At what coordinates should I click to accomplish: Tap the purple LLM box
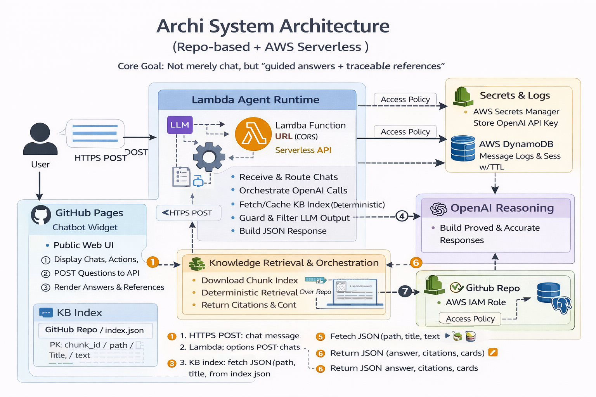(x=180, y=125)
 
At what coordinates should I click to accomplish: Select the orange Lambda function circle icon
(x=253, y=134)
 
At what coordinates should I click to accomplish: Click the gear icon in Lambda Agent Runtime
(x=209, y=157)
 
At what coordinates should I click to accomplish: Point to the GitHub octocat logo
(x=41, y=215)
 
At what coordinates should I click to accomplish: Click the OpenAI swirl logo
(x=439, y=209)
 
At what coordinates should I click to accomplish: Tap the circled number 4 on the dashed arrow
(x=402, y=216)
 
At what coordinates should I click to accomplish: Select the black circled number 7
(x=405, y=291)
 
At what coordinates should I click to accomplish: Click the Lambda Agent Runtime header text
(x=255, y=100)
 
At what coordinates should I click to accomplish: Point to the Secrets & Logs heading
(x=515, y=95)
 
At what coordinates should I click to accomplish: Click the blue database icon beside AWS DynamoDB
(x=463, y=148)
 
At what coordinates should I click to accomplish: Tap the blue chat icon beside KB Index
(x=46, y=312)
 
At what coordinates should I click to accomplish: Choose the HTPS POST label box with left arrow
(x=189, y=213)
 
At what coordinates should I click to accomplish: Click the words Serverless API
(x=303, y=150)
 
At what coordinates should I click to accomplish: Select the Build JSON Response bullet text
(x=282, y=231)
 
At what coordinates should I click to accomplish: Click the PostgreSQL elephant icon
(x=562, y=305)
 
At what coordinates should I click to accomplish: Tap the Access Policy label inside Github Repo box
(x=470, y=319)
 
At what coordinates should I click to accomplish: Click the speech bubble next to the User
(x=95, y=133)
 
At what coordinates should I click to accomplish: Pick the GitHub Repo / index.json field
(x=95, y=330)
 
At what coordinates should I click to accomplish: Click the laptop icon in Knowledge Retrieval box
(x=355, y=292)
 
